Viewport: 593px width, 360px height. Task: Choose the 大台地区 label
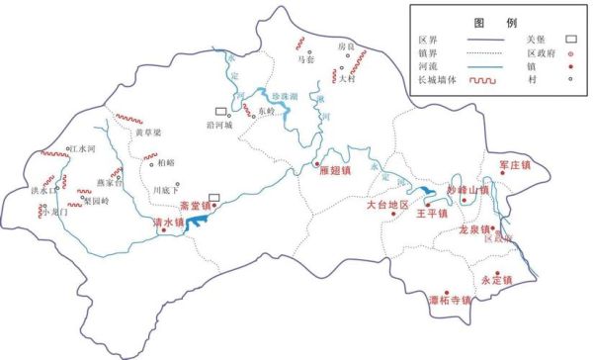(x=386, y=206)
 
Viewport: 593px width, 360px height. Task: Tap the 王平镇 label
(x=432, y=213)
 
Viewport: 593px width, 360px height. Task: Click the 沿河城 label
(x=240, y=126)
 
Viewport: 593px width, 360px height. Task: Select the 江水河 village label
(x=79, y=149)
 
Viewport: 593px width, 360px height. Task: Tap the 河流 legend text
(x=429, y=67)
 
